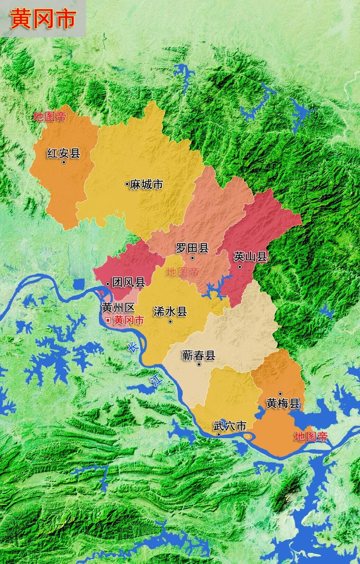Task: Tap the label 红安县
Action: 64,153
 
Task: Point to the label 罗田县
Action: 192,248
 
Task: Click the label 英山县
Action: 250,257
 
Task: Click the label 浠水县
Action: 170,312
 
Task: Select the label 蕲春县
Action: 199,355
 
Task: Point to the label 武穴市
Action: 230,426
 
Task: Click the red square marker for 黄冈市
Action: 108,320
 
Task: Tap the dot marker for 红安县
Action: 64,162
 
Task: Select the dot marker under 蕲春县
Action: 199,365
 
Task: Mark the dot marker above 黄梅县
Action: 280,394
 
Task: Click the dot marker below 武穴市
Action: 219,434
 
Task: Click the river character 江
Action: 156,380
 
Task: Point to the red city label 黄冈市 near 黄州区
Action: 129,320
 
